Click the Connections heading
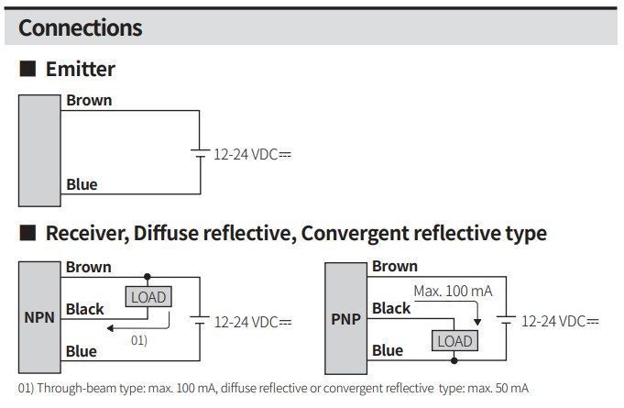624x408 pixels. tap(80, 28)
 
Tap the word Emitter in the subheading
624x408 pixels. tap(81, 70)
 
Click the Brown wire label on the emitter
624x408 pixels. tap(89, 100)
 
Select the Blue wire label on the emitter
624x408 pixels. tap(82, 184)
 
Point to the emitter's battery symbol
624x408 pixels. tap(200, 154)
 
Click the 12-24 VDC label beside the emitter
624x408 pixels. tap(252, 154)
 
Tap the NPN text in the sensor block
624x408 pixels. tap(39, 317)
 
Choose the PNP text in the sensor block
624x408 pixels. tap(345, 319)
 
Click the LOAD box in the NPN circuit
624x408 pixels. tap(148, 297)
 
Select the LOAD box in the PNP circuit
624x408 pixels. tap(454, 341)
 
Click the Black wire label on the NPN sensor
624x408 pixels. tap(85, 309)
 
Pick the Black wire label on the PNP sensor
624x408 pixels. tap(391, 308)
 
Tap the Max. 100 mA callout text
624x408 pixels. tap(453, 292)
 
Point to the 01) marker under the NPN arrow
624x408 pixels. tap(139, 341)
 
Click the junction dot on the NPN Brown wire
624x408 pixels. tap(148, 277)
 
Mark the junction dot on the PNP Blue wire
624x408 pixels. tap(454, 360)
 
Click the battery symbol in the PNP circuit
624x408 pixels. tap(506, 320)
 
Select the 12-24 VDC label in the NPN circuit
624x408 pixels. tap(253, 322)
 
